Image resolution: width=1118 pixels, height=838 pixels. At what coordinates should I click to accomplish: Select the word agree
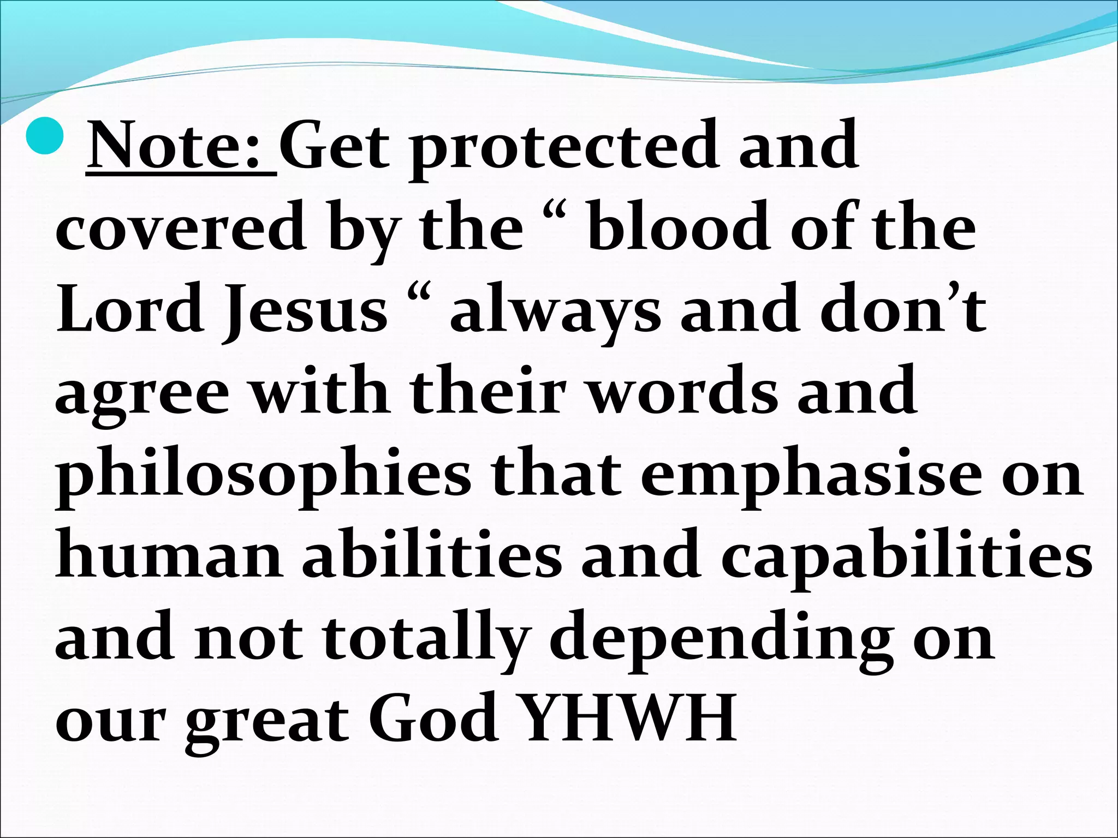(142, 395)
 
